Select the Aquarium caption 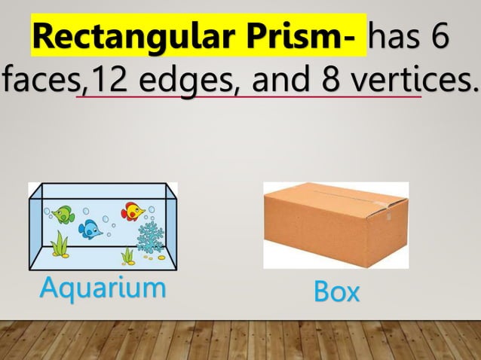(103, 287)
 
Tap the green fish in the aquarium (63, 214)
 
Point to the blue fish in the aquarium (91, 229)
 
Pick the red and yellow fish (133, 210)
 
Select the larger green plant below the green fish (60, 244)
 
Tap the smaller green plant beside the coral (128, 255)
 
